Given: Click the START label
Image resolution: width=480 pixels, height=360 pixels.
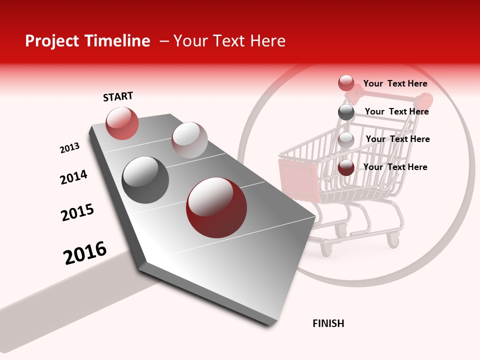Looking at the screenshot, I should (118, 96).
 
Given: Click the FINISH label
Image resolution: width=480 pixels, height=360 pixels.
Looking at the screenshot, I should (328, 323).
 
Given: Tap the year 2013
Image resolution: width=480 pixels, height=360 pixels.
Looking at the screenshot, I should (69, 147).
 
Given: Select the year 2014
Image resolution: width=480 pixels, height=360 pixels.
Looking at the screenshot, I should (73, 177).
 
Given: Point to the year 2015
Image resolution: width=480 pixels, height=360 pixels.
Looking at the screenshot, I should (77, 212).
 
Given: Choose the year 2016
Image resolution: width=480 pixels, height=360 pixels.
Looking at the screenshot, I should (85, 252).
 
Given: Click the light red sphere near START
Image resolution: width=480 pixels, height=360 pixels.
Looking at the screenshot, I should (122, 123).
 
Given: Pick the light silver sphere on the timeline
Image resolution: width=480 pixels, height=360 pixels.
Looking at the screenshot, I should (189, 139).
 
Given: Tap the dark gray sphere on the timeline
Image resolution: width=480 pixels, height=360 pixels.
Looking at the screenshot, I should (145, 179).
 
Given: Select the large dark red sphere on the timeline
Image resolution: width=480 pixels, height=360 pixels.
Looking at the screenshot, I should (216, 207).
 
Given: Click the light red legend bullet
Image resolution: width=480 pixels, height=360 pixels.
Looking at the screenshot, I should (346, 83).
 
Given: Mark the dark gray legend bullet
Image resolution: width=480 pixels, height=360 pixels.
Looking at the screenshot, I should (346, 112).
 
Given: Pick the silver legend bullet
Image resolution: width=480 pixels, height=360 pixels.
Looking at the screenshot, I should (346, 140).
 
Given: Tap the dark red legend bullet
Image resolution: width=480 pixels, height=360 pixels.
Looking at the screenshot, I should (346, 167).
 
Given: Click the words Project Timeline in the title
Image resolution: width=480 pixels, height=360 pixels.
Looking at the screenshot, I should (87, 41).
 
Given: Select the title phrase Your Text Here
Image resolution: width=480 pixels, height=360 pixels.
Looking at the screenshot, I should (229, 41).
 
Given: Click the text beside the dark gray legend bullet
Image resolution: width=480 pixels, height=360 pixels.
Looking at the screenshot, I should (396, 111).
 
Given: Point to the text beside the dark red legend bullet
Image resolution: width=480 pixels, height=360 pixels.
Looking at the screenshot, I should (395, 167).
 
